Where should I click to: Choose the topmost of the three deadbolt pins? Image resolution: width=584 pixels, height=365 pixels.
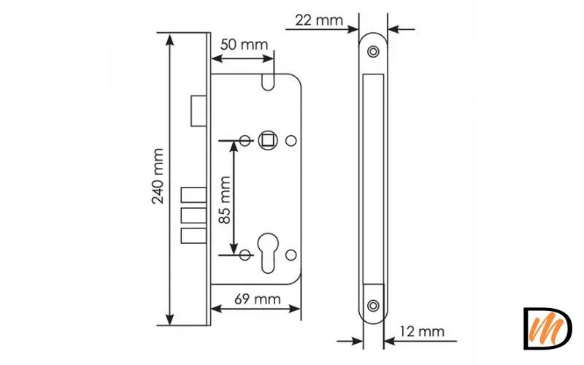click(191, 196)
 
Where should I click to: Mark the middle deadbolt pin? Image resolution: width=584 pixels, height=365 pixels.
click(191, 217)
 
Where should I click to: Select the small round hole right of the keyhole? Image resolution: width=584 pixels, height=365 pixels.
click(291, 254)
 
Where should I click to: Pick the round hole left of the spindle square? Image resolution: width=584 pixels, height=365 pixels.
click(246, 139)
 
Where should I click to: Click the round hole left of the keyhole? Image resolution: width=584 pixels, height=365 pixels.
click(246, 254)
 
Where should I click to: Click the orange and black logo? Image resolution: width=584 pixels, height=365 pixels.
click(547, 328)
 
